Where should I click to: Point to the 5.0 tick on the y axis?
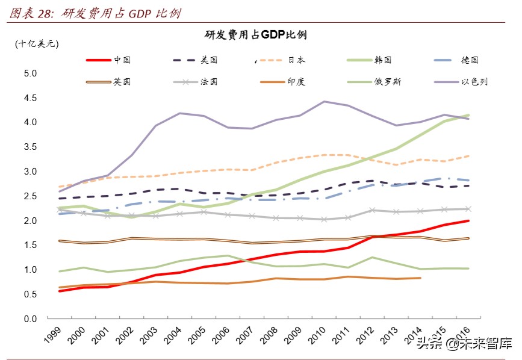click(x=30, y=73)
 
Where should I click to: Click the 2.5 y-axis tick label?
click(x=30, y=196)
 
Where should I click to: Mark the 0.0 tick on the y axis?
click(x=30, y=319)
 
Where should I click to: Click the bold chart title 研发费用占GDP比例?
click(x=256, y=35)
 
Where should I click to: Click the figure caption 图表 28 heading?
click(x=96, y=13)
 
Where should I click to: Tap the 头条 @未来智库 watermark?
click(x=464, y=344)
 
